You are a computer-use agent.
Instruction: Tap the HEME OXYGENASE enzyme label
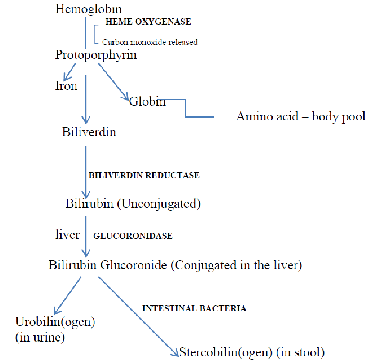coord(148,22)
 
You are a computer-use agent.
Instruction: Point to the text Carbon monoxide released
coord(150,42)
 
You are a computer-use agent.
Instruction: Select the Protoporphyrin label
coord(96,55)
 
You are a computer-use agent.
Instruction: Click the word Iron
coord(66,86)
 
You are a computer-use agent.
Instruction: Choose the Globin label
coord(148,101)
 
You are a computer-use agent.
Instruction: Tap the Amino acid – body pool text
coord(301,117)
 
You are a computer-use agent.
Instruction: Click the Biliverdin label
coord(89,132)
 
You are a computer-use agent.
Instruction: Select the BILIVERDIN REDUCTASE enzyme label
coord(144,175)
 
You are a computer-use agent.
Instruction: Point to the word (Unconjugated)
coord(159,204)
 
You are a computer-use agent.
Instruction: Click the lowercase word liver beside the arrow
coord(67,234)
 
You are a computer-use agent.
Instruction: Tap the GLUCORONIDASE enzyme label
coord(133,236)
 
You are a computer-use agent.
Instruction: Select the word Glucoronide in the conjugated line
coord(134,265)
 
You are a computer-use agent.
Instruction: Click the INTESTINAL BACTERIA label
coord(194,308)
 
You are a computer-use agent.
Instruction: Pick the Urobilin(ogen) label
coord(55,322)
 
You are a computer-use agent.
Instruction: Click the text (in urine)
coord(40,338)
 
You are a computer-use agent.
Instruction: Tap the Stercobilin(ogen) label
coord(226,353)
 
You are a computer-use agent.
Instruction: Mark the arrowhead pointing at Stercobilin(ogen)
coord(175,352)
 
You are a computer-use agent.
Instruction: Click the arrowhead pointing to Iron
coord(67,77)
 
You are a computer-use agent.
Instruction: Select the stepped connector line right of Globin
coord(186,108)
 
